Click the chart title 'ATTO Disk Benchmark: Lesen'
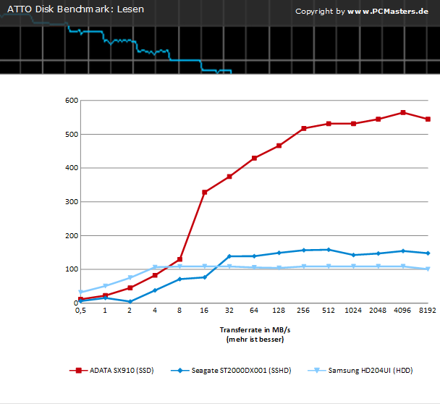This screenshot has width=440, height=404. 75,9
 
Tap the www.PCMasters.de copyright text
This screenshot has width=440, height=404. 388,12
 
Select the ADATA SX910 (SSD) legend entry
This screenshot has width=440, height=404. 111,371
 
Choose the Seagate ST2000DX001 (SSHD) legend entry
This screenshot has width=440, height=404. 231,371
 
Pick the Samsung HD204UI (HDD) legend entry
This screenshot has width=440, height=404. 360,371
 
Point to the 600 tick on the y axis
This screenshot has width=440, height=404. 72,101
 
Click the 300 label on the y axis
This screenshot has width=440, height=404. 72,202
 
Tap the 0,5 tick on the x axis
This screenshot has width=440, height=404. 80,310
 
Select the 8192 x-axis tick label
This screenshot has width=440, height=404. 428,310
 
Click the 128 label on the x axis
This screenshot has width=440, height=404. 279,310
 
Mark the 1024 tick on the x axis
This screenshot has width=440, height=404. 353,310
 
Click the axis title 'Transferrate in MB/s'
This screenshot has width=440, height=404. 255,329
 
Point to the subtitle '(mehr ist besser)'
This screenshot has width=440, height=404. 255,340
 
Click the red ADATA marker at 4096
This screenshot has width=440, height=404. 403,112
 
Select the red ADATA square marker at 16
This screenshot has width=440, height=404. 205,193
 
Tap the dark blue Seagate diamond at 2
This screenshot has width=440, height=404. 130,302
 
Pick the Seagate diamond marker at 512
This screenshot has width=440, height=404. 329,250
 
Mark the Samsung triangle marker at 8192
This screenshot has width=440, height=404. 428,269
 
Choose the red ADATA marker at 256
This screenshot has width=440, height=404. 304,128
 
